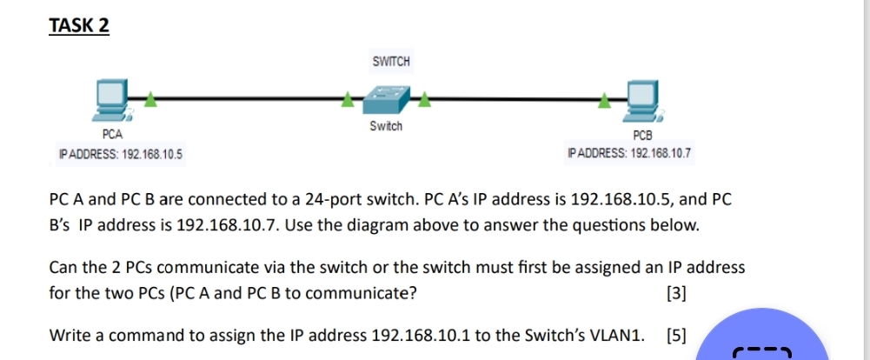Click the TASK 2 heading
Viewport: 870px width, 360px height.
tap(79, 26)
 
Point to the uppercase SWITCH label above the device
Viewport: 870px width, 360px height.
tap(390, 62)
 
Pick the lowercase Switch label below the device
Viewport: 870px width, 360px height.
tap(385, 126)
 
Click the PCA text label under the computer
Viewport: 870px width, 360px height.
tap(112, 135)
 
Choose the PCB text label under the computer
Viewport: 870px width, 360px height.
tap(642, 136)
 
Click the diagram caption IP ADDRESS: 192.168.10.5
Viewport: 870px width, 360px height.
tap(120, 154)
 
